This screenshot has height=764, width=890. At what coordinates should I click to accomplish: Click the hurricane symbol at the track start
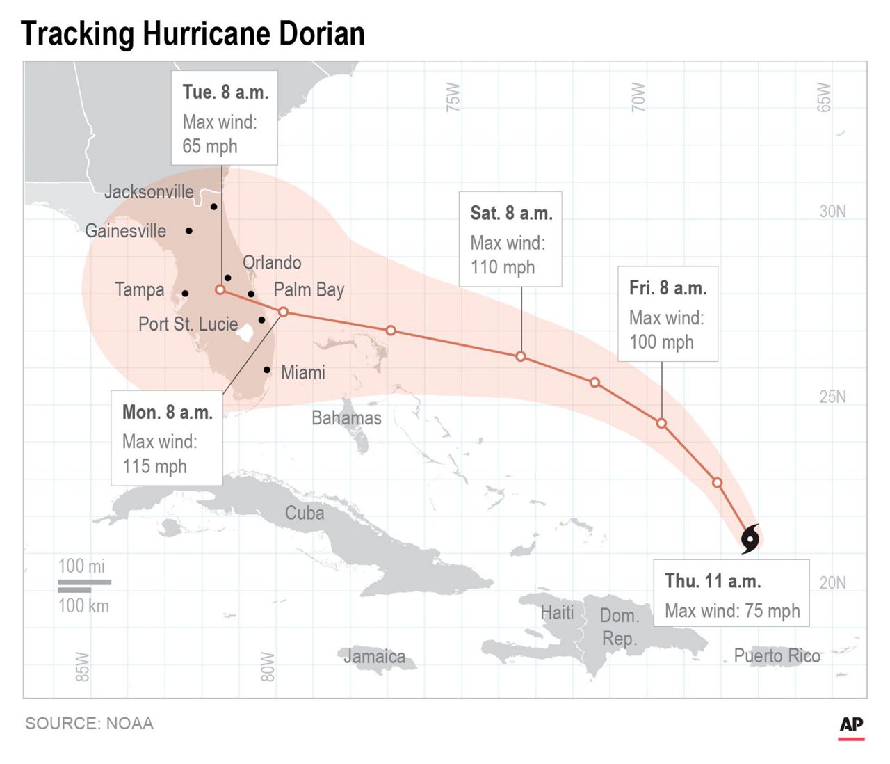750,539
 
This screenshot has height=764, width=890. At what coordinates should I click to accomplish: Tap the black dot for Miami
267,369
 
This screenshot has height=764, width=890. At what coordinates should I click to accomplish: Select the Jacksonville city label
149,192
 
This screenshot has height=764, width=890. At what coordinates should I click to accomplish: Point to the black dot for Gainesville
188,230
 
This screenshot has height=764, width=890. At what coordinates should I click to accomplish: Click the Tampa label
139,289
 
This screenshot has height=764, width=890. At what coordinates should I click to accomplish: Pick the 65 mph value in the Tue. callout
209,146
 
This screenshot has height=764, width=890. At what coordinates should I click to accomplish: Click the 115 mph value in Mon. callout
154,466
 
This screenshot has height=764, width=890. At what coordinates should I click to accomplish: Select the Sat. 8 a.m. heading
511,213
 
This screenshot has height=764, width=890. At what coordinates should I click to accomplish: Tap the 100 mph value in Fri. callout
661,342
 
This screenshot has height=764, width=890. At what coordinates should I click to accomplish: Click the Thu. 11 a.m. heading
712,581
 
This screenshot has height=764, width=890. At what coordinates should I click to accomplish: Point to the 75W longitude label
453,97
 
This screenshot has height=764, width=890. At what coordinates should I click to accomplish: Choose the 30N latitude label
832,212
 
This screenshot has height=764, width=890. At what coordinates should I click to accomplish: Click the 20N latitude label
832,582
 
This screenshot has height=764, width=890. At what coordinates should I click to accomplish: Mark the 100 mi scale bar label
81,566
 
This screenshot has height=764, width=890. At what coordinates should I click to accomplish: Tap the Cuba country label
305,513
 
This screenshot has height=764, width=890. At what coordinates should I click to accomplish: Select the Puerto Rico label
777,655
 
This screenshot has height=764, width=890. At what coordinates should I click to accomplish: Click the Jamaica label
374,656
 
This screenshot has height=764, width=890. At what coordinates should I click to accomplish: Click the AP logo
851,726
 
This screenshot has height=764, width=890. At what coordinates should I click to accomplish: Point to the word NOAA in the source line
129,724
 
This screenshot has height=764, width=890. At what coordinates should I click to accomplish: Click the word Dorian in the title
321,33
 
